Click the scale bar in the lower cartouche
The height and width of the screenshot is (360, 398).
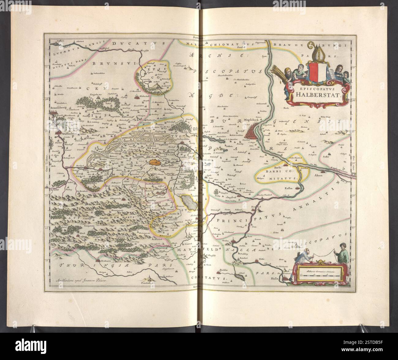point(318,275)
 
